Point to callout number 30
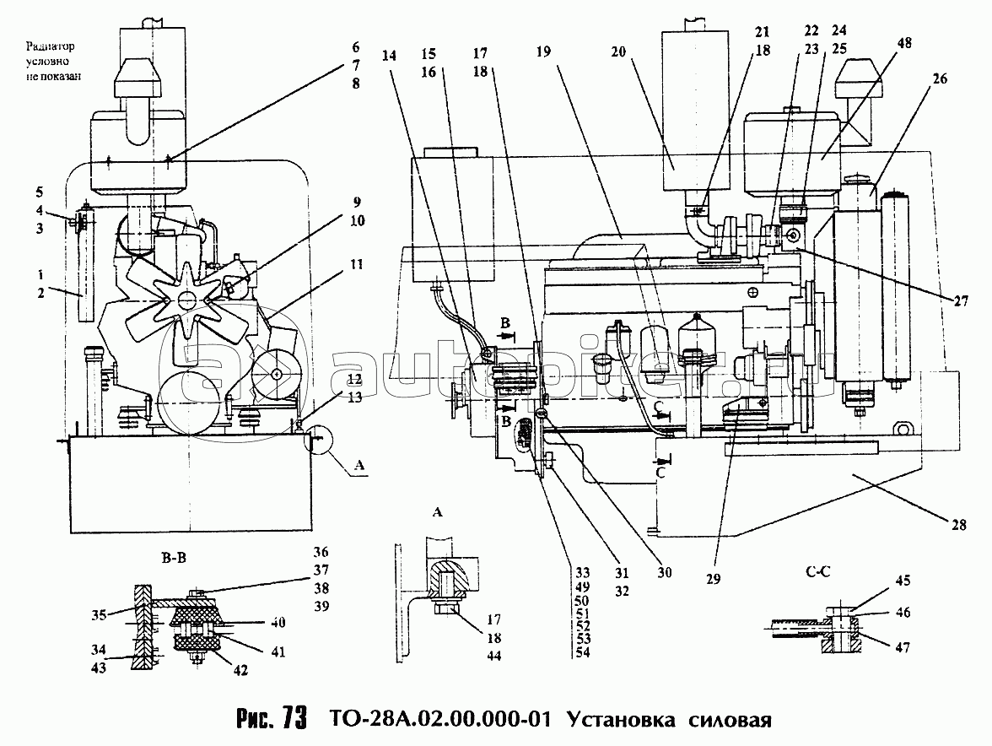[665, 572]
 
